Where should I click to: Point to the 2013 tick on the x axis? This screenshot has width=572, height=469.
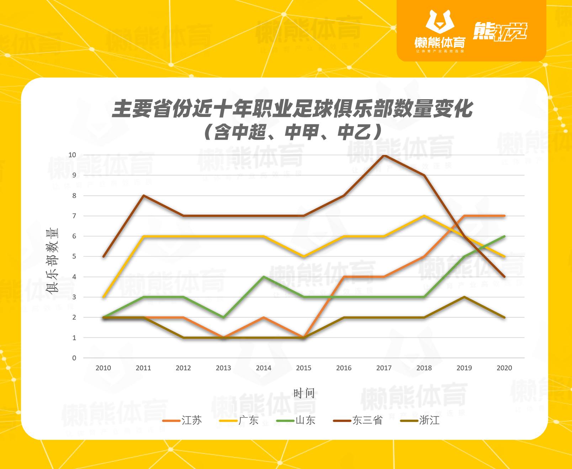coord(223,368)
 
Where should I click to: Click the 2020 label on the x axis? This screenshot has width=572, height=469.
coord(504,368)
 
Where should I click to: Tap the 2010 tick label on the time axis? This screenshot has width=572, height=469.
coord(103,368)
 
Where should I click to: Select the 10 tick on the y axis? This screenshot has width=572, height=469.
coord(72,155)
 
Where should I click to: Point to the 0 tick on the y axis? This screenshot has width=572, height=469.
coord(74,358)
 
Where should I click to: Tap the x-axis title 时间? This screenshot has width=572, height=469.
coord(304,393)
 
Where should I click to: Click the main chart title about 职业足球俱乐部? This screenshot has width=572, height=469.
coord(292,109)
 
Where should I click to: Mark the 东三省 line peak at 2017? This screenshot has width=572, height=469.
coord(384,155)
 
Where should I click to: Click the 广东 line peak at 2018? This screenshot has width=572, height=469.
coord(424,216)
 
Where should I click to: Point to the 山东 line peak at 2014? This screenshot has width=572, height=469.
coord(264,277)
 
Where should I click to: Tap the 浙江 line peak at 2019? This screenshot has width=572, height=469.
coord(464,297)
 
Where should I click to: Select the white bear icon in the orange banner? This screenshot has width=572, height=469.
coord(440,23)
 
